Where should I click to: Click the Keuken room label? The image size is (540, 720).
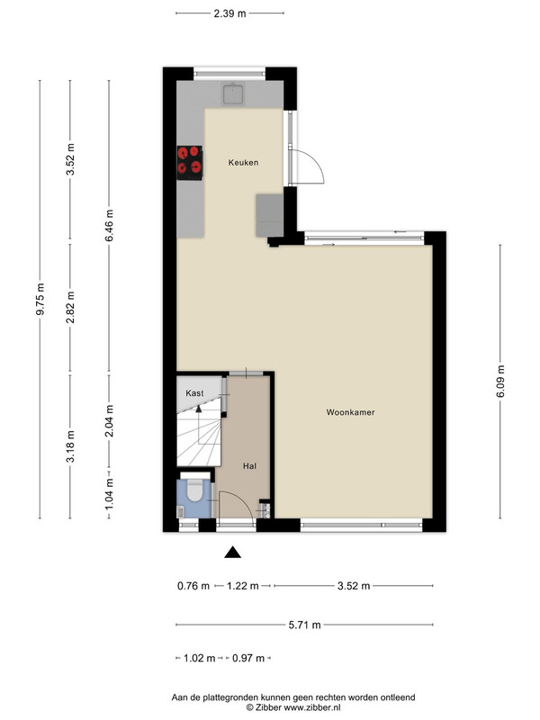coord(243,163)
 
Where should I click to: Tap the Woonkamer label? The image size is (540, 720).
coord(350,412)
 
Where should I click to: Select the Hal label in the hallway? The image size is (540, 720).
coord(250,466)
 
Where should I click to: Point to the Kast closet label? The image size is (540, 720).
coord(194,393)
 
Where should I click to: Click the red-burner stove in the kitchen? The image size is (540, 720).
coord(190,163)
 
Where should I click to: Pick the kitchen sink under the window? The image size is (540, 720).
coord(233,94)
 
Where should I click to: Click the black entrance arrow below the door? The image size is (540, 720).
coord(232,552)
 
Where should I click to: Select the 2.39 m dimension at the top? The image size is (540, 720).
coord(230,13)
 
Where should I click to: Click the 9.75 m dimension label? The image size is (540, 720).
coord(40,300)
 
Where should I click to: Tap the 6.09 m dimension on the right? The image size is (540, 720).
coord(500,382)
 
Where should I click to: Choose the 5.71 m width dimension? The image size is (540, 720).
coord(304,625)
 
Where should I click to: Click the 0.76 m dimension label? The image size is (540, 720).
coord(193,586)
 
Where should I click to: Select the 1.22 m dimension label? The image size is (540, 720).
coord(243,586)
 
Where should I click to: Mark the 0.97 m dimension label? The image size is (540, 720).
coord(248,659)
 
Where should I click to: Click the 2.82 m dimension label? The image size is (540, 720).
coord(70,307)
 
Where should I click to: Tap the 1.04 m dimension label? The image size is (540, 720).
coord(109,494)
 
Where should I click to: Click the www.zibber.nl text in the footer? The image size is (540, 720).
coord(312,707)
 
